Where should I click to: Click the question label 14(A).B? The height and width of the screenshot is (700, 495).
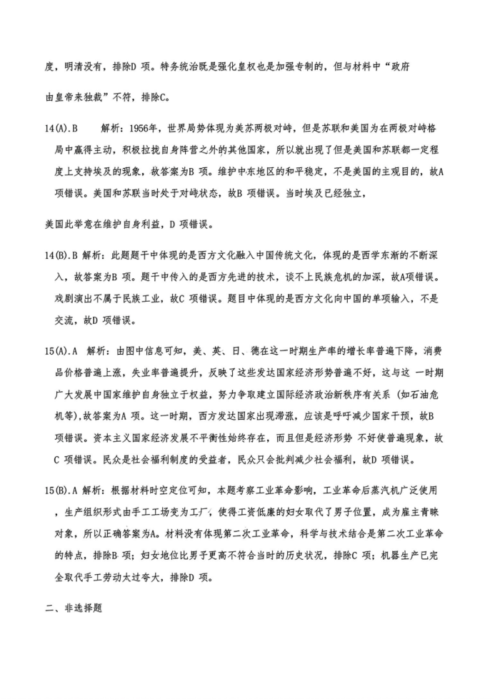click(x=61, y=129)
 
